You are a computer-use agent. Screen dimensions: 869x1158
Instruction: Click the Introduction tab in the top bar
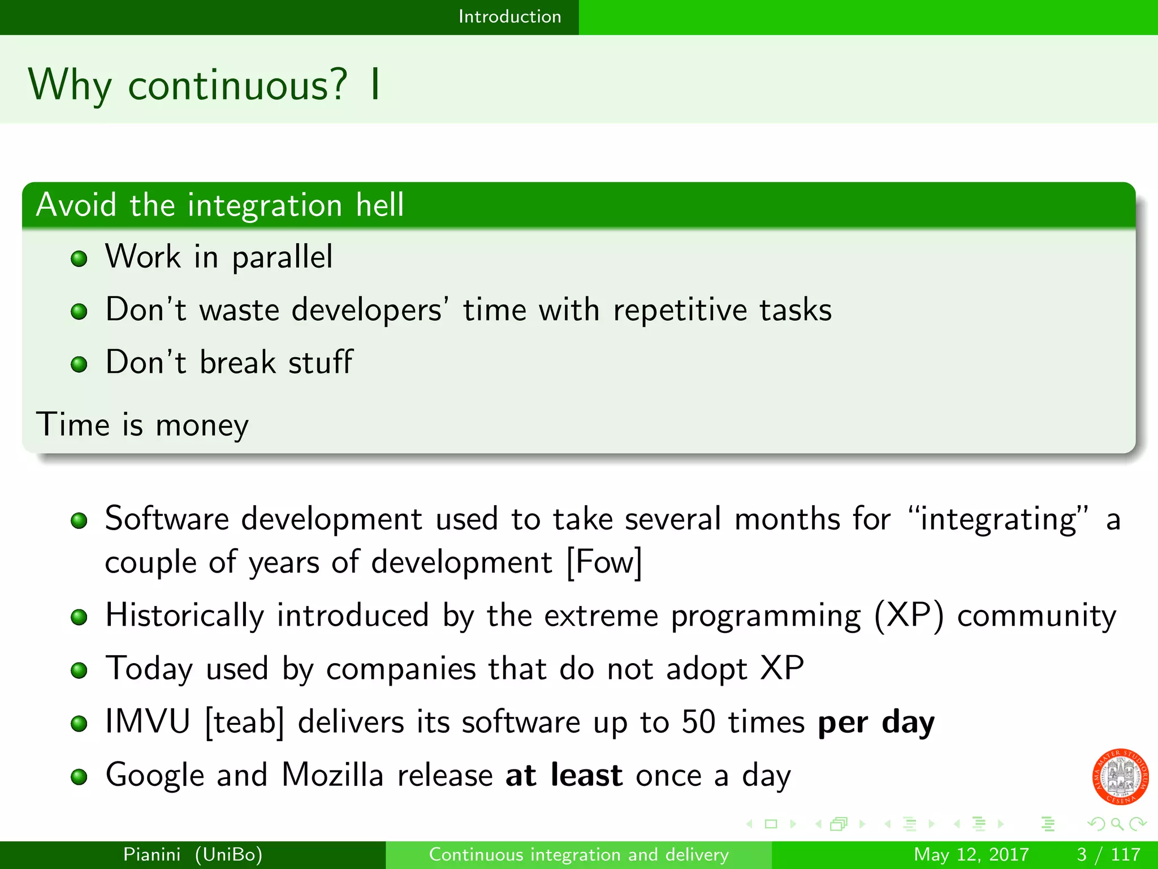click(x=509, y=16)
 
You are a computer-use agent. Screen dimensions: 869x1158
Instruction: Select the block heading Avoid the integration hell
click(x=220, y=205)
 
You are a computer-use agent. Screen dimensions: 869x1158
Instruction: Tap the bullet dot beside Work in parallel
click(x=79, y=259)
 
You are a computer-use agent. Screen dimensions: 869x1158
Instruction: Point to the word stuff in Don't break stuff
click(x=321, y=363)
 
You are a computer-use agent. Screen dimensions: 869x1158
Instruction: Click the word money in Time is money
click(x=202, y=425)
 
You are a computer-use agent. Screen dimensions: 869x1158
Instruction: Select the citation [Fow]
click(x=604, y=562)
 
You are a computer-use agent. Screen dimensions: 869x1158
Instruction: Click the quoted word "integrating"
click(x=998, y=519)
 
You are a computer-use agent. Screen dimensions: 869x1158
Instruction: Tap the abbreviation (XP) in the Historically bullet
click(x=909, y=616)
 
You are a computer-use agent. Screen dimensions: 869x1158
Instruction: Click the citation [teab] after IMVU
click(x=244, y=722)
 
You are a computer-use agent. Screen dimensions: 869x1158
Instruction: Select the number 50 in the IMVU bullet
click(x=698, y=722)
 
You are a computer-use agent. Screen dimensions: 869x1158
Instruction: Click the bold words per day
click(x=876, y=722)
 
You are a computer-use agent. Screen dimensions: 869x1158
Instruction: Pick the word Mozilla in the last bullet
click(x=332, y=775)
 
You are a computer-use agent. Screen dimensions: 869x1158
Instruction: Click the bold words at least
click(x=564, y=775)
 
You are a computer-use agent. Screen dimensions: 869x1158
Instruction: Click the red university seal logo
click(x=1120, y=776)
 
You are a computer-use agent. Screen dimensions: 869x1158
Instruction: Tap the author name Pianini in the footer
click(x=152, y=854)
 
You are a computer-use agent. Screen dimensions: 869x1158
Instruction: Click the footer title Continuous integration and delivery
click(x=578, y=854)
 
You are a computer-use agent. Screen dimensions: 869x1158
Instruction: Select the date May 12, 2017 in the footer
click(x=971, y=854)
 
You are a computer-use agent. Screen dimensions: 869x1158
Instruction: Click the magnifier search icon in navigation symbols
click(x=1117, y=824)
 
